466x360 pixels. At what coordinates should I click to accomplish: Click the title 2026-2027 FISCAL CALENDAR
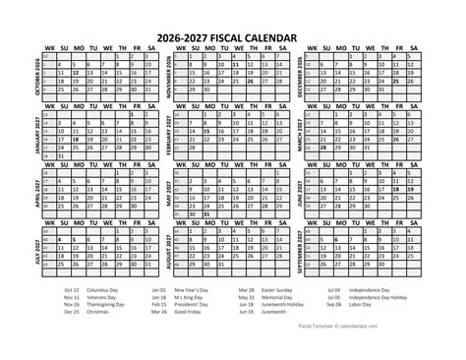coord(233,35)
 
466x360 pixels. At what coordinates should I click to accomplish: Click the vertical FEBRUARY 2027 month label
coord(173,135)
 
